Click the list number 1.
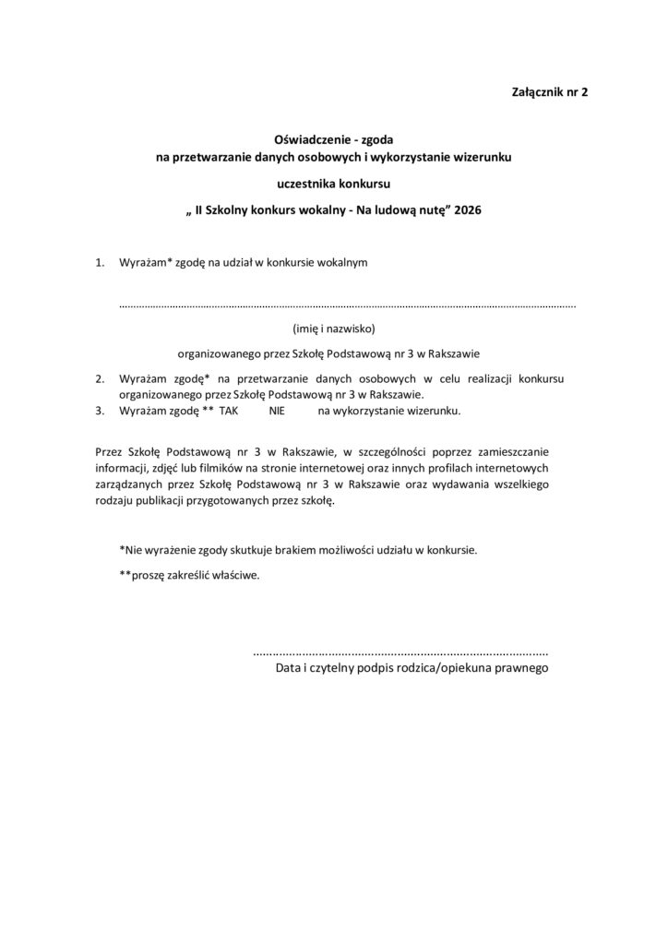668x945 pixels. coord(100,263)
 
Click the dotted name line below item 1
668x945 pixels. coord(348,303)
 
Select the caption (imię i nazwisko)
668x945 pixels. coord(333,327)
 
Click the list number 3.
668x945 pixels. coord(100,412)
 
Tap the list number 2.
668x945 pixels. coord(100,378)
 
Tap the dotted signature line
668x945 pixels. coord(400,652)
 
